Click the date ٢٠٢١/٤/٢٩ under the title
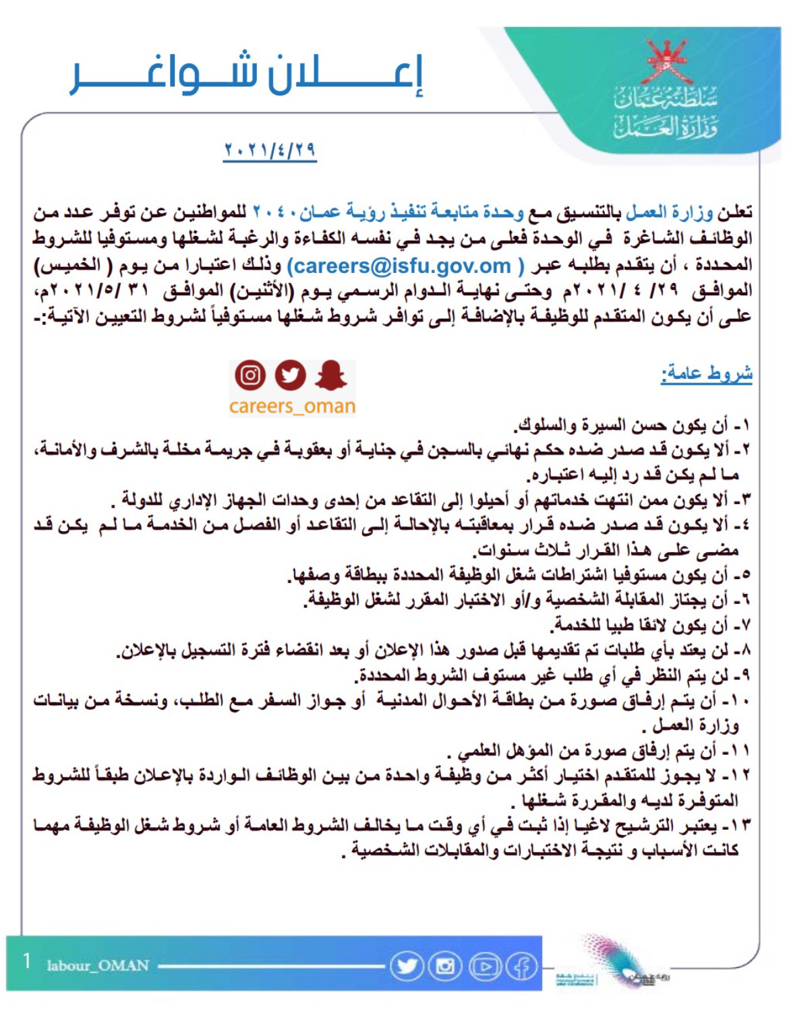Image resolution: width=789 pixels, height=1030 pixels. pyautogui.click(x=270, y=150)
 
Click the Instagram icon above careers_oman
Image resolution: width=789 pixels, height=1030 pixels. pyautogui.click(x=250, y=375)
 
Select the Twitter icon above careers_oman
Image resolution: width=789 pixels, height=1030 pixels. pyautogui.click(x=290, y=375)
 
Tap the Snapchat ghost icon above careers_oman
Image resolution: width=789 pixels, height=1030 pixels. pyautogui.click(x=330, y=375)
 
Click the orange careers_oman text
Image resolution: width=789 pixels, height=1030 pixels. pyautogui.click(x=291, y=406)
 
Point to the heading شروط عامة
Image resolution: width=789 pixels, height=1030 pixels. pyautogui.click(x=706, y=373)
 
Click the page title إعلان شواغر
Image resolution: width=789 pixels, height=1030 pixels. pyautogui.click(x=247, y=75)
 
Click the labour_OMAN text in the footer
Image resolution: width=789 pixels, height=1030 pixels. pyautogui.click(x=98, y=965)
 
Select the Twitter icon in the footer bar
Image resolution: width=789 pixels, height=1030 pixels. pyautogui.click(x=407, y=966)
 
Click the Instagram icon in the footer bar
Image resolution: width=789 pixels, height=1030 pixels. pyautogui.click(x=445, y=966)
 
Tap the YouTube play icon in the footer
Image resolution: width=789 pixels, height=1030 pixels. pyautogui.click(x=484, y=966)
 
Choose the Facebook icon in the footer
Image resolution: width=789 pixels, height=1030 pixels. pyautogui.click(x=522, y=966)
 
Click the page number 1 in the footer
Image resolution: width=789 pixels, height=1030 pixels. pyautogui.click(x=26, y=961)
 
